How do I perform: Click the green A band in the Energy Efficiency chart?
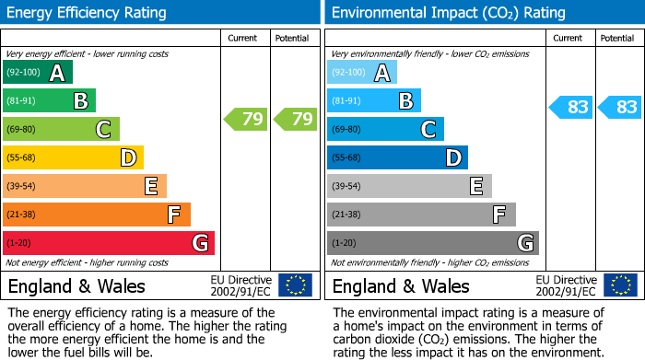coord(38,73)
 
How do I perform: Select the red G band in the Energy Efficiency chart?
coord(109,243)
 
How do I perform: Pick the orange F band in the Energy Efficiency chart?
coord(97,215)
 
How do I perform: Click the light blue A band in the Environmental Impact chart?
coord(362,73)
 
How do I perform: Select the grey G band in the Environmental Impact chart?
coord(433,243)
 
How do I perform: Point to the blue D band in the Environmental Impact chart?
coord(397,157)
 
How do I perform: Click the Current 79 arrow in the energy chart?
coord(245,119)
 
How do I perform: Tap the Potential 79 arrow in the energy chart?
coord(295,119)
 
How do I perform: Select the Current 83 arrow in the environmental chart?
coord(570,107)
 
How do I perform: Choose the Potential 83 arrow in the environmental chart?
coord(619,107)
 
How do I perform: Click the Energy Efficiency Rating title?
coord(88,13)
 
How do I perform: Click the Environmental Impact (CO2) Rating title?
coord(448,13)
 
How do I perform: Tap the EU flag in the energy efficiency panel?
coord(295,285)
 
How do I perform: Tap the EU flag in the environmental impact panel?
coord(619,285)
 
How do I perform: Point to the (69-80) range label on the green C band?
coord(21,130)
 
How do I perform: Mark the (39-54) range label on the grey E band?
coord(346,187)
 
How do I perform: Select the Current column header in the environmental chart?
coord(569,39)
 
